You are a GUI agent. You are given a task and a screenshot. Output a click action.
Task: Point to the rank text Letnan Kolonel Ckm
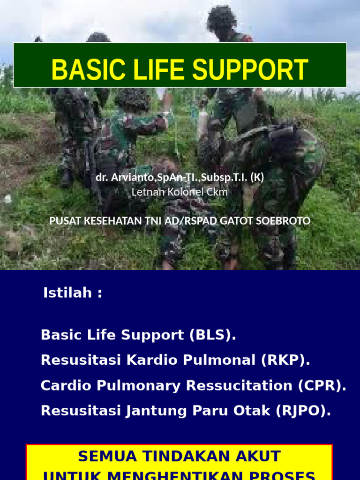(180, 192)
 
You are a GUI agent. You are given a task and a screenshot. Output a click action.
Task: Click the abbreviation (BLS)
(213, 335)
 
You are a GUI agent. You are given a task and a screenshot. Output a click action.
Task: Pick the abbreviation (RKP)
(287, 360)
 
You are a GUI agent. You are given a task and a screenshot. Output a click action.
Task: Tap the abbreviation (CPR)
(322, 386)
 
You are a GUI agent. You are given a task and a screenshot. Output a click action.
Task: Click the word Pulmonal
(216, 360)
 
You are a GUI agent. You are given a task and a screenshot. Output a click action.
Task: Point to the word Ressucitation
(240, 386)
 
